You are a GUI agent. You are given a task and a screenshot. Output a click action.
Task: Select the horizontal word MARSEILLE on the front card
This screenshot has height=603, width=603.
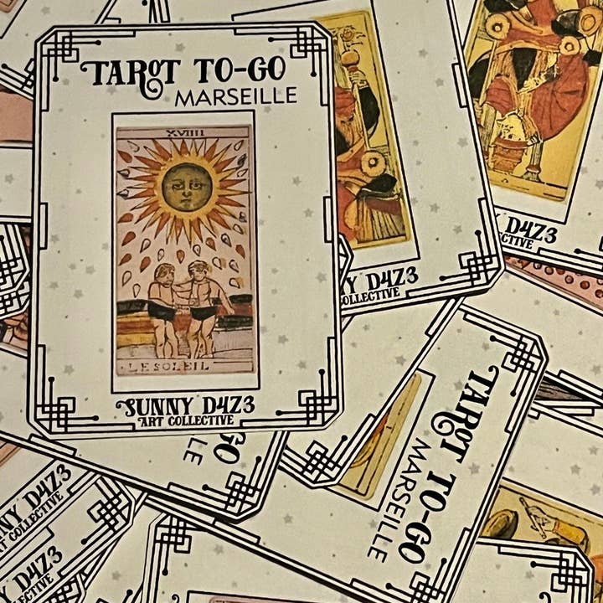235,97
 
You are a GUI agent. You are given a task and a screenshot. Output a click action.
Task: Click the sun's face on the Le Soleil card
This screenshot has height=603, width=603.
186,186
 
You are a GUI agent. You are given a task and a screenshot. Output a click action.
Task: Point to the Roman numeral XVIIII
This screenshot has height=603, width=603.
183,131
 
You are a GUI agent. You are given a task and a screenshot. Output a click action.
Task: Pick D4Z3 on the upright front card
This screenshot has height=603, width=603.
224,405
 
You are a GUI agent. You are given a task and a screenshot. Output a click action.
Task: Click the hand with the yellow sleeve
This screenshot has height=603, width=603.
528,511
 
